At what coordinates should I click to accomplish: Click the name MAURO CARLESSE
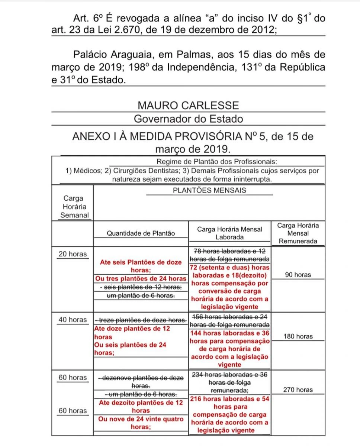click(188, 105)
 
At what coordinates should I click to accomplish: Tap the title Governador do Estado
click(188, 119)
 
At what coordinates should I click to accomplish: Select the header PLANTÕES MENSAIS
click(209, 190)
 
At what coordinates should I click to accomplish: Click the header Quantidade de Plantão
click(141, 233)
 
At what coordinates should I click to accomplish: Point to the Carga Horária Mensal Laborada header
click(229, 233)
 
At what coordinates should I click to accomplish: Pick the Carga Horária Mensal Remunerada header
click(298, 233)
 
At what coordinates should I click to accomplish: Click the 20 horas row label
click(73, 254)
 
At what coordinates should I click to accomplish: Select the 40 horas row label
click(73, 320)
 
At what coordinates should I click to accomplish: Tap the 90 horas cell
click(298, 275)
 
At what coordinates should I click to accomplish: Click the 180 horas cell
click(298, 336)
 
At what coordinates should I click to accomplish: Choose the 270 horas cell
click(298, 390)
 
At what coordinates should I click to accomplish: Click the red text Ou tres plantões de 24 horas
click(141, 279)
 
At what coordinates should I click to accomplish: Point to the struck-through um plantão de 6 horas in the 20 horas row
click(141, 295)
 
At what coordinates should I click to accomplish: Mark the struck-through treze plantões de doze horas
click(141, 320)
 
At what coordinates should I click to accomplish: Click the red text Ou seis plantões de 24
click(130, 345)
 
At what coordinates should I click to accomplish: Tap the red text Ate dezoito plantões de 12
click(141, 403)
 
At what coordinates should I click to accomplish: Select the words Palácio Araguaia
click(103, 55)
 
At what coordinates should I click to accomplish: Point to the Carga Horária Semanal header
click(73, 207)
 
